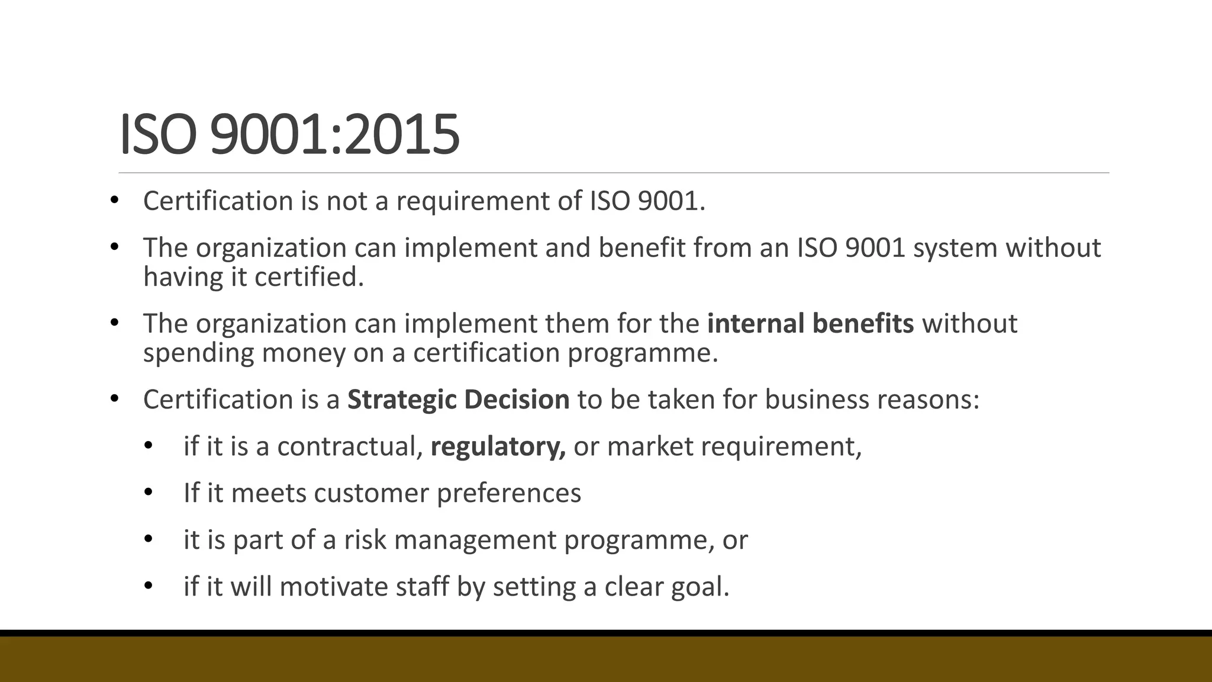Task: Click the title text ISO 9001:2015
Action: point(289,134)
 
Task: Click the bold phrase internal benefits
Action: point(810,323)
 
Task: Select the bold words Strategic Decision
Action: point(458,400)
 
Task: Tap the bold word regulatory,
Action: point(498,446)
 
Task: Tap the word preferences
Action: point(509,493)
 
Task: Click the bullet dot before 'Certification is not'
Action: point(114,200)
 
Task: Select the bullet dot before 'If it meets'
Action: point(148,492)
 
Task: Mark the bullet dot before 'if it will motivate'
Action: point(148,586)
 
